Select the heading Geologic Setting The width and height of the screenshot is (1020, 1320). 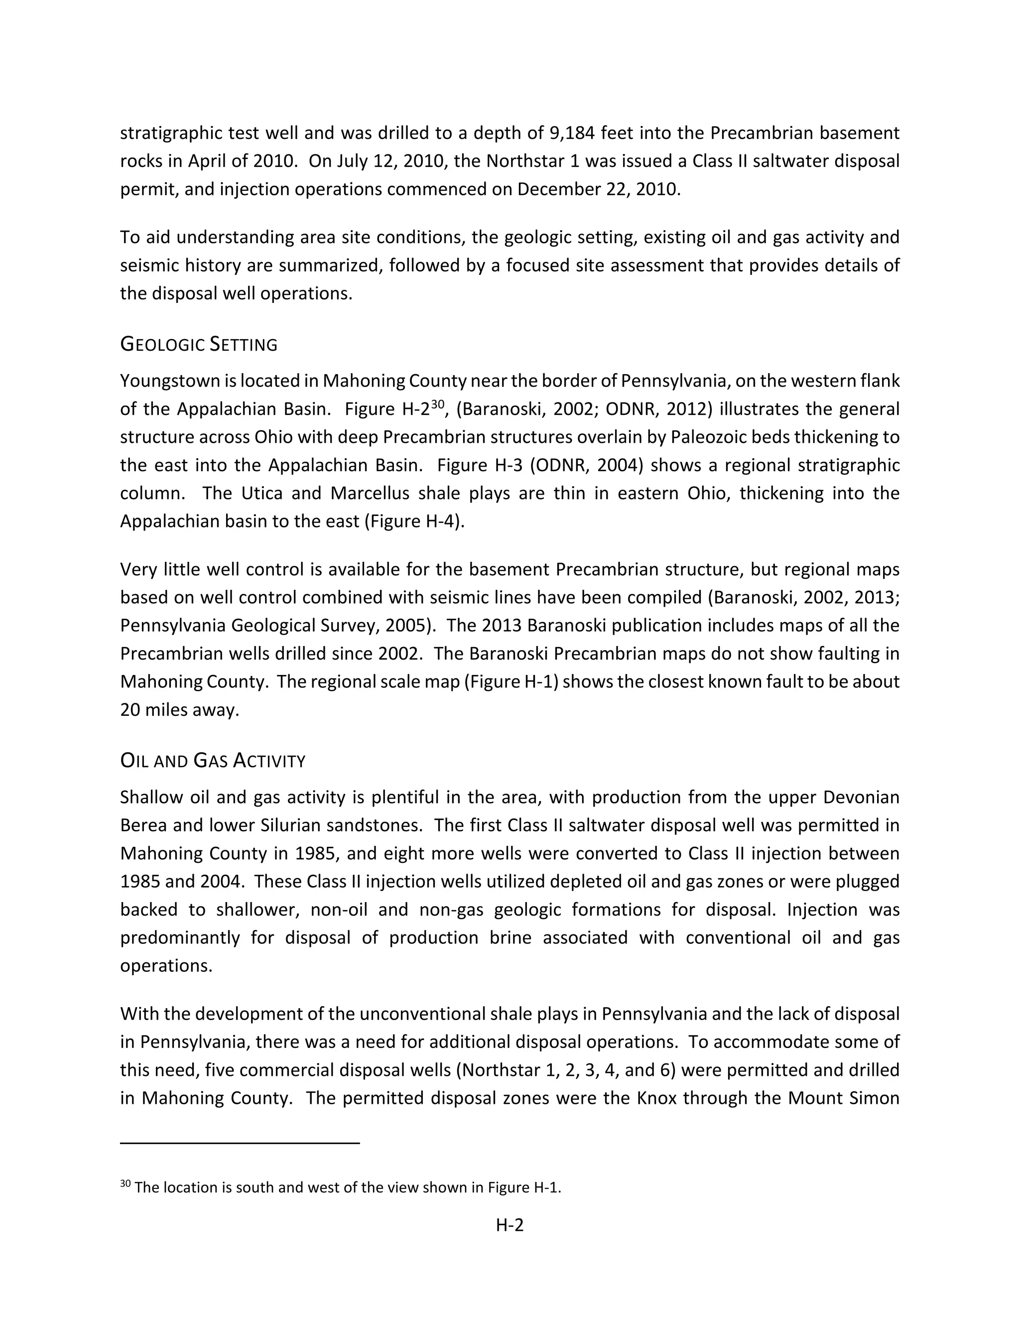pos(199,345)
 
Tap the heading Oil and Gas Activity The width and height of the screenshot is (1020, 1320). pos(213,760)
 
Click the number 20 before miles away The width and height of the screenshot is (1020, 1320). pos(130,709)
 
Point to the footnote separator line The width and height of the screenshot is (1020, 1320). pos(240,1143)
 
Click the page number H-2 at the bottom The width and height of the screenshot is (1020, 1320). pos(510,1225)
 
